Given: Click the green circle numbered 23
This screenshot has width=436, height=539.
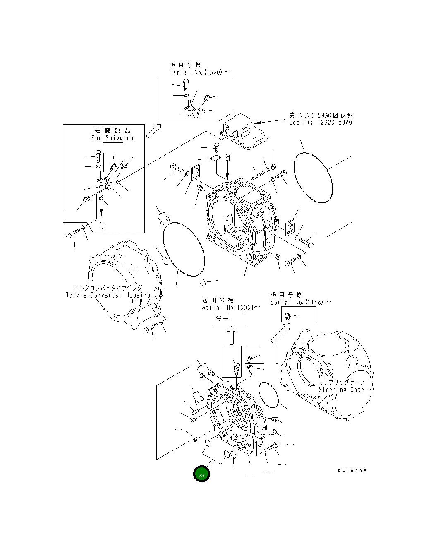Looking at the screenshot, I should click(201, 474).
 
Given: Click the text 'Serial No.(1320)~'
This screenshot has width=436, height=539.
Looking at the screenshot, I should click(199, 72).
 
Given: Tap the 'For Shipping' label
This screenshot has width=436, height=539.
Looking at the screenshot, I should click(113, 138).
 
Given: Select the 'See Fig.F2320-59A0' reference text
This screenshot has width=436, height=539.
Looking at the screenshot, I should click(321, 122).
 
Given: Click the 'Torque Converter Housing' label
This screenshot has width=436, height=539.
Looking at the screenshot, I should click(108, 295).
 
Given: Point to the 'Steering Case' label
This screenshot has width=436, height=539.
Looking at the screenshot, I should click(341, 390).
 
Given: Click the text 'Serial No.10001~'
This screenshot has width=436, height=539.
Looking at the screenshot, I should click(231, 308).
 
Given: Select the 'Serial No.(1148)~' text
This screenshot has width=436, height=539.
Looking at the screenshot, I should click(301, 302).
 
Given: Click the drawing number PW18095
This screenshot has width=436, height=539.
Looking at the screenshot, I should click(352, 471).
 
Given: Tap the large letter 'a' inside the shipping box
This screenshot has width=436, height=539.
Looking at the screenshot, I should click(102, 225).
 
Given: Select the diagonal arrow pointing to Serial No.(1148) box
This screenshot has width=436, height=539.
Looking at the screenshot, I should click(281, 333).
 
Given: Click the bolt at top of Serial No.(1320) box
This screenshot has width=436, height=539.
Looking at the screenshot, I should click(186, 85).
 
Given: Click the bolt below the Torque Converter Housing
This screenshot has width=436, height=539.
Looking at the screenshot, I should click(150, 329).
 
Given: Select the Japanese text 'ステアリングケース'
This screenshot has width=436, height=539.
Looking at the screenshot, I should click(341, 383).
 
